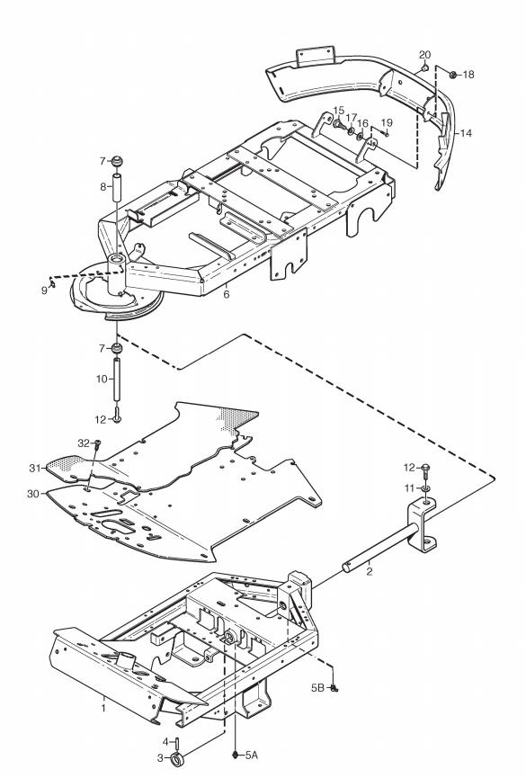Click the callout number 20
[424, 55]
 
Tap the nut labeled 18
[453, 75]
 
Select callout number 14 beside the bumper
[466, 133]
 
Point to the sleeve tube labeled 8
[118, 187]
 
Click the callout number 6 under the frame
[227, 294]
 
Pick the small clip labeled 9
[51, 284]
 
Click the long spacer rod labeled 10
[118, 379]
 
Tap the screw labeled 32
[97, 443]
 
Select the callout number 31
[34, 468]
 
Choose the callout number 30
[32, 494]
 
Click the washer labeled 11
[426, 488]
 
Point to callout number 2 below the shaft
[370, 571]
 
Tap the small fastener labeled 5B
[334, 688]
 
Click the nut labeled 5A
[236, 755]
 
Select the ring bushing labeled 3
[177, 760]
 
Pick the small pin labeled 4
[176, 743]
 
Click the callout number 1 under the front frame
[103, 708]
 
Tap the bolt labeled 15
[338, 123]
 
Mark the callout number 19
[387, 122]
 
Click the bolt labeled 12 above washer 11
[426, 469]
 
